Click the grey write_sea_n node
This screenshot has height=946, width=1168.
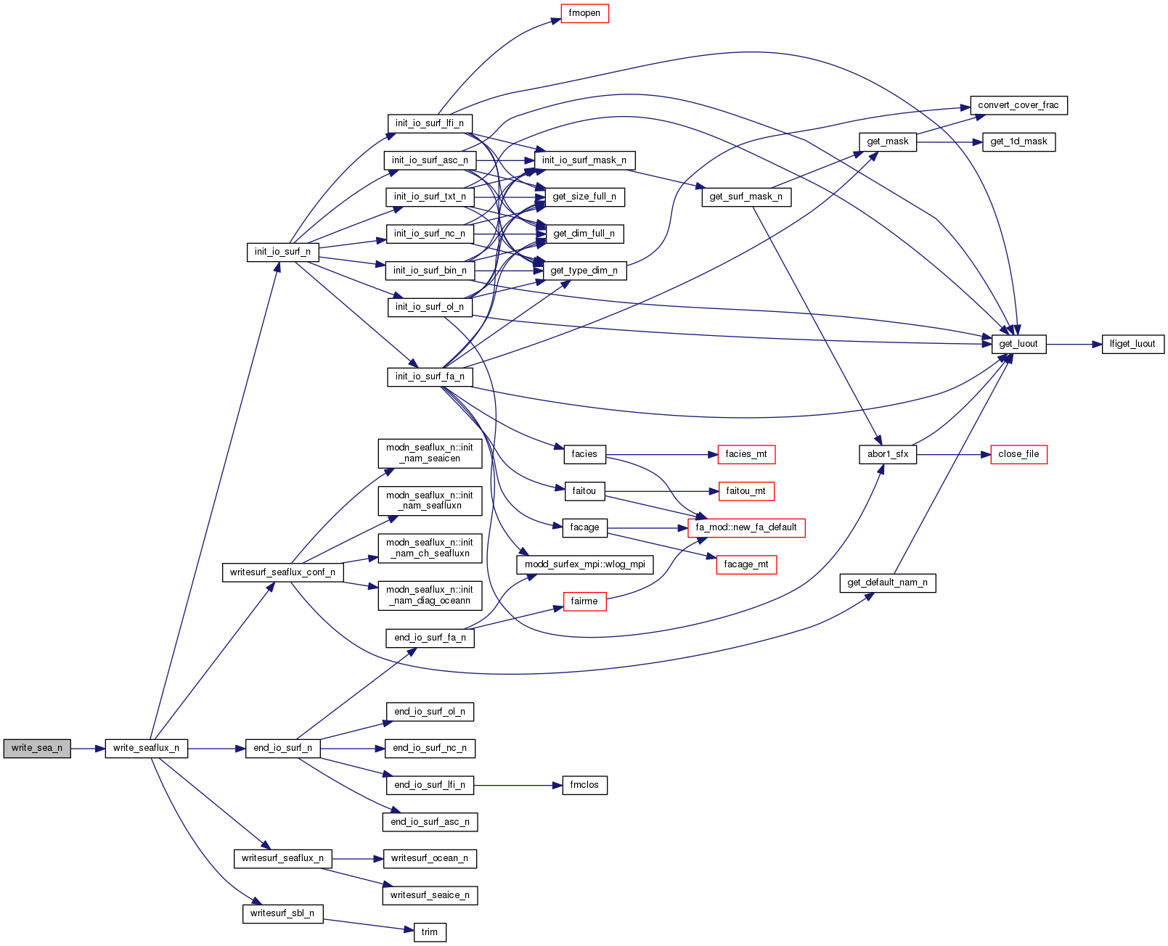pos(37,748)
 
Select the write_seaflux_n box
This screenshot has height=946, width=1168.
pos(146,748)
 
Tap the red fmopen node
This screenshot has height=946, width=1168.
pos(584,13)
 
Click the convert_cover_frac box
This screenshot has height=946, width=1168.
pos(1018,105)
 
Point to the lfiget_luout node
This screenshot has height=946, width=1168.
pos(1132,344)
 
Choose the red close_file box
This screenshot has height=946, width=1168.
pos(1018,454)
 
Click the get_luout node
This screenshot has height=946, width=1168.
pos(1018,344)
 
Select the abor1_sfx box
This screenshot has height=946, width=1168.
pos(888,454)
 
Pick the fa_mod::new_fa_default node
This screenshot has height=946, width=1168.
pos(746,527)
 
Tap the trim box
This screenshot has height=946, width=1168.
pos(430,932)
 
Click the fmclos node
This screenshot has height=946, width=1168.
pos(584,785)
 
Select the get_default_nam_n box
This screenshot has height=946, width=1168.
pos(887,583)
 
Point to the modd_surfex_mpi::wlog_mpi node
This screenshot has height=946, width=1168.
pos(584,564)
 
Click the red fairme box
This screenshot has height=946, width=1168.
pos(584,601)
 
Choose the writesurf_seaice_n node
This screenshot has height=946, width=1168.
pos(430,895)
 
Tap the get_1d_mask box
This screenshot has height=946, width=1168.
pos(1018,141)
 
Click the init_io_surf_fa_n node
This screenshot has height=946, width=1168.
pos(430,377)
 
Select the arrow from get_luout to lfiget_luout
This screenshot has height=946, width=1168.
pos(1074,344)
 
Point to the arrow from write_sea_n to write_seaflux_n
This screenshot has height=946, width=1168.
pos(88,748)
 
